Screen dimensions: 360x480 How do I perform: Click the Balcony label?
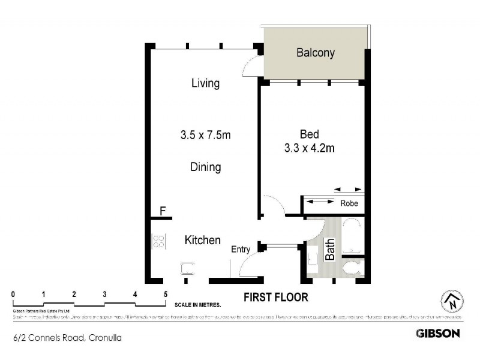315,53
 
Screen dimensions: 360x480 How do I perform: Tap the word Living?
205,83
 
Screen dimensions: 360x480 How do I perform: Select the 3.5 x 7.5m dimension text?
205,135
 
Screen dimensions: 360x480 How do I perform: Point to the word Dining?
205,167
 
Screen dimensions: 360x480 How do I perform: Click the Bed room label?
310,134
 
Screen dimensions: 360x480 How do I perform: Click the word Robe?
349,203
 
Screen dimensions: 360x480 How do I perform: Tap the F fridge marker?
163,211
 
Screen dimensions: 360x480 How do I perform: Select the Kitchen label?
202,240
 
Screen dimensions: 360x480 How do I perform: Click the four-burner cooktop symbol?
160,242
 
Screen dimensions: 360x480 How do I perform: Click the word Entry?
241,250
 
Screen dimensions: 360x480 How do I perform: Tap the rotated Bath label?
329,249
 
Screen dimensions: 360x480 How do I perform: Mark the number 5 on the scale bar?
165,294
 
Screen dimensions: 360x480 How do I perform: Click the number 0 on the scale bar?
13,294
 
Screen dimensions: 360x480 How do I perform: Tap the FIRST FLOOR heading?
275,297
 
